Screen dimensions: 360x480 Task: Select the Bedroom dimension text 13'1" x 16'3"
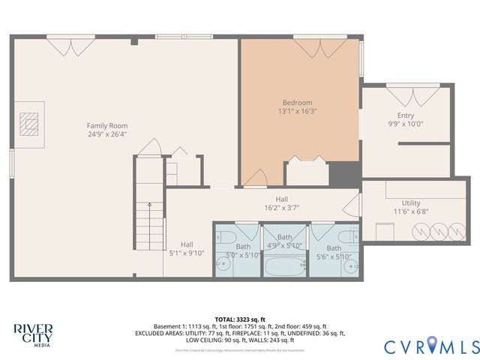click(x=297, y=111)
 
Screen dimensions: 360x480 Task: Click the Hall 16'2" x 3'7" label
click(x=282, y=203)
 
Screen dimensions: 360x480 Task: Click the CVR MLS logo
click(x=430, y=346)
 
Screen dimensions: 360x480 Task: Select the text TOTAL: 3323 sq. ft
click(x=240, y=319)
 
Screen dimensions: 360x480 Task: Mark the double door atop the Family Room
click(x=71, y=46)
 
